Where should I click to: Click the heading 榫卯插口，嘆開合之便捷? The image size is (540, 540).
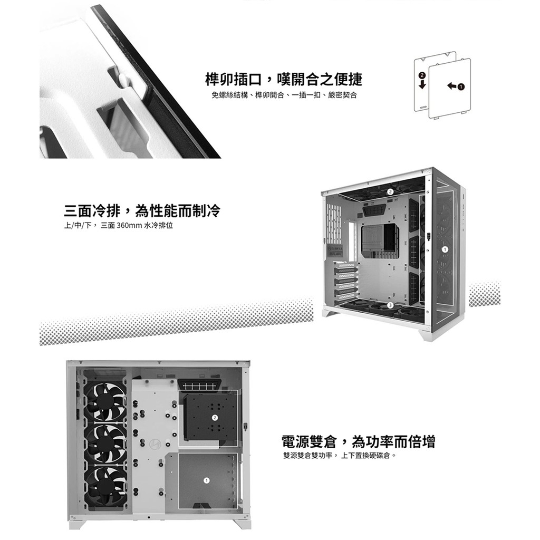283,79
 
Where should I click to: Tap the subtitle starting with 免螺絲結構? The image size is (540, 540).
284,95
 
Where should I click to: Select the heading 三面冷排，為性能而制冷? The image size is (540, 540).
142,210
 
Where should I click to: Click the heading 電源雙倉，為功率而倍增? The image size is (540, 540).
359,441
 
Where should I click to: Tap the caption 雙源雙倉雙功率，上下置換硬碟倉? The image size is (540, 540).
340,456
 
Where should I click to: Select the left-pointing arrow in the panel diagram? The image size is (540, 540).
451,86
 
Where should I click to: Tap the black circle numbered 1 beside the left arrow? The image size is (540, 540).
461,86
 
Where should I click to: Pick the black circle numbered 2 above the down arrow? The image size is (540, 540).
422,75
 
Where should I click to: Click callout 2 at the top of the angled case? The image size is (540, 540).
390,191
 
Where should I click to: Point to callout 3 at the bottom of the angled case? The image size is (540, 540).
390,305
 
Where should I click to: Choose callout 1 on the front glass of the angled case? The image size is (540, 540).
445,249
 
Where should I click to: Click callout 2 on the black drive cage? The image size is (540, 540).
215,418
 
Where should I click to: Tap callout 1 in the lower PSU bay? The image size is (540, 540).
206,480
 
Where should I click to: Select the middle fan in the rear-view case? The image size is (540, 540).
105,444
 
